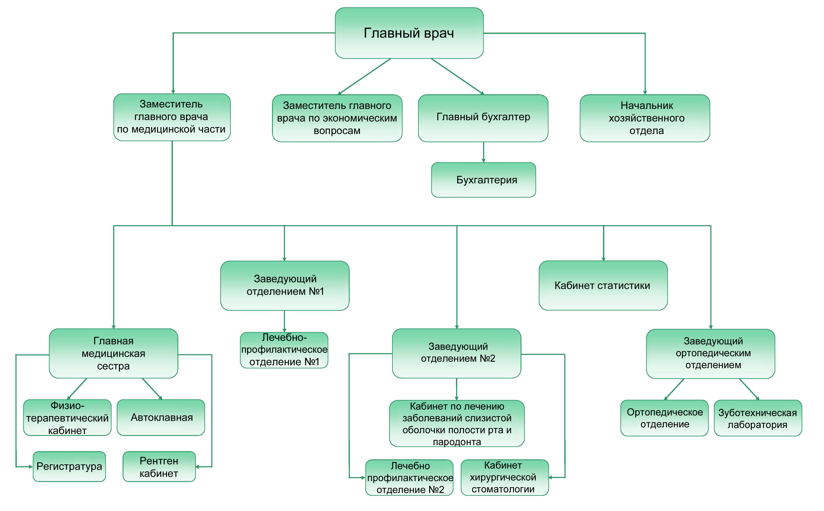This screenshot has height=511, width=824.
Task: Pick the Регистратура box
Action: pyautogui.click(x=69, y=466)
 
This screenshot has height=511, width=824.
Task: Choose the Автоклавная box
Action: pyautogui.click(x=161, y=418)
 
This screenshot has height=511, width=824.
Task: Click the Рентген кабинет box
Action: pyautogui.click(x=159, y=466)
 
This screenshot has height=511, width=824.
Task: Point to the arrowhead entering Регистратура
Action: pyautogui.click(x=30, y=467)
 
